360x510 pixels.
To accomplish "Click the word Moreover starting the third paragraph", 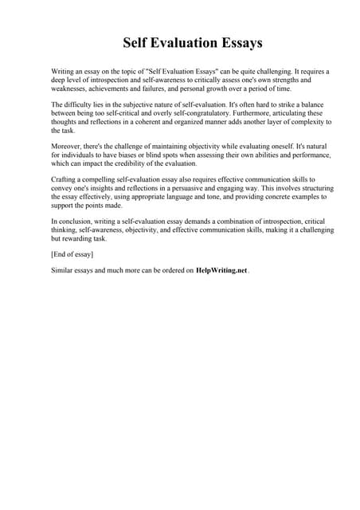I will [x=67, y=147].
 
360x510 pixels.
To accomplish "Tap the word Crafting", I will [x=65, y=181].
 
